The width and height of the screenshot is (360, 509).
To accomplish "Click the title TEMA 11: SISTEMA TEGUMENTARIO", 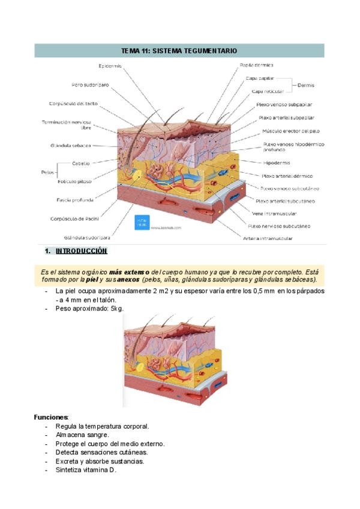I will [x=179, y=51].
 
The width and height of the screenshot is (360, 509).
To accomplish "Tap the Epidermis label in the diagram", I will [x=111, y=66].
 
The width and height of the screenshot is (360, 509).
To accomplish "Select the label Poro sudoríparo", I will [x=90, y=85].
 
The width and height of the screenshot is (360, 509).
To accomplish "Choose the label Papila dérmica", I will [x=257, y=65].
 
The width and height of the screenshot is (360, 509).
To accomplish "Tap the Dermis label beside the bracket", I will [x=306, y=85].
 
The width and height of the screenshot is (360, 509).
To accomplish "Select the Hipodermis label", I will [x=277, y=163].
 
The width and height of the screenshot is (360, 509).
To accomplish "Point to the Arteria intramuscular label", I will [x=268, y=238].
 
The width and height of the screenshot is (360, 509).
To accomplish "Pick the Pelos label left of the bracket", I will [x=48, y=172].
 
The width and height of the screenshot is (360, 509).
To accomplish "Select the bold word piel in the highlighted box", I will [x=92, y=280].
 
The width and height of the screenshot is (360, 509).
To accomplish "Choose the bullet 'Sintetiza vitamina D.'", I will [x=86, y=470].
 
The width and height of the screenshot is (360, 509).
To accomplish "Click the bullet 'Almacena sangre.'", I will [x=82, y=435].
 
